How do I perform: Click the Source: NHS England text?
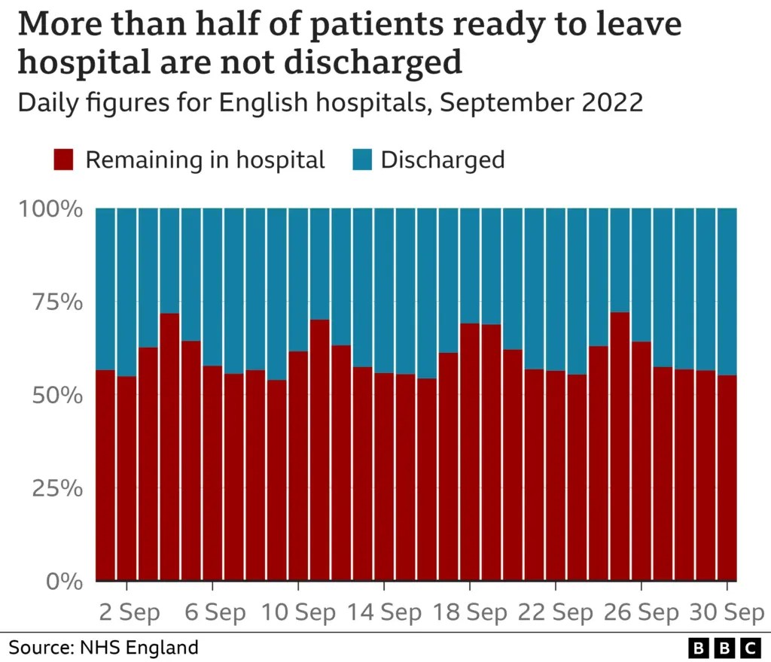(103, 647)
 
